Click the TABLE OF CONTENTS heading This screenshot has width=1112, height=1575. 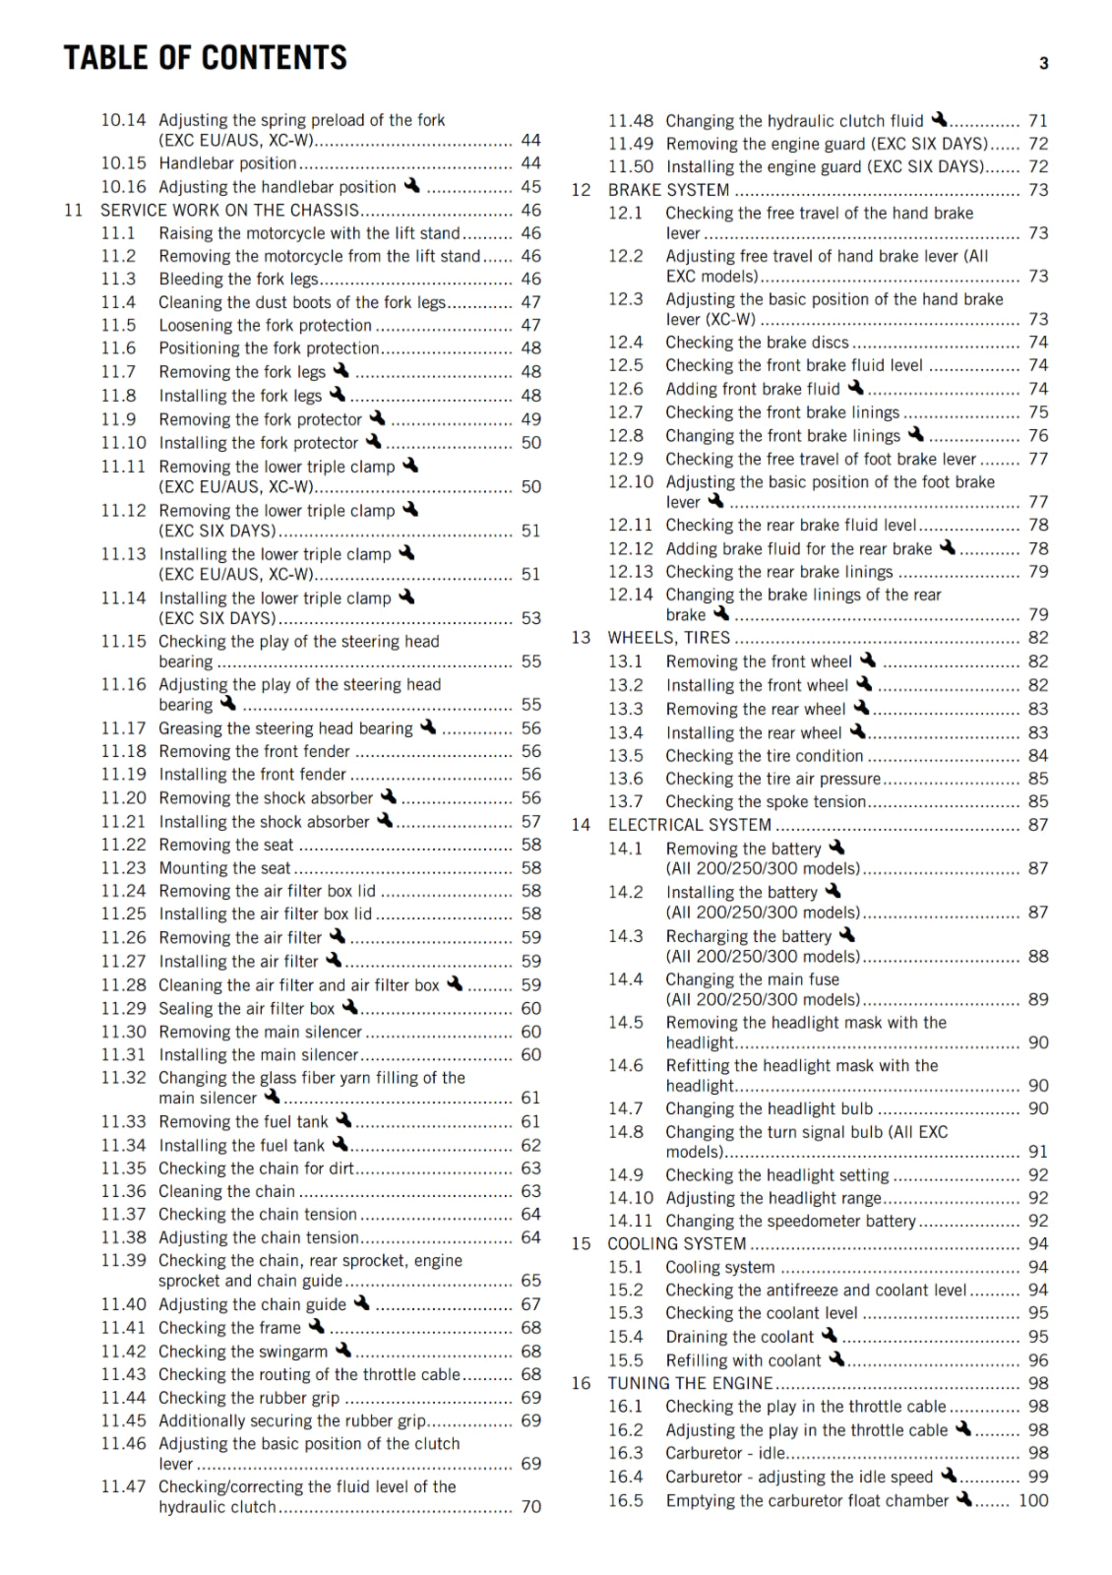coord(205,58)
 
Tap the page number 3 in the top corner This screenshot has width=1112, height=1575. coord(1044,64)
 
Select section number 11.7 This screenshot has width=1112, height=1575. coord(118,372)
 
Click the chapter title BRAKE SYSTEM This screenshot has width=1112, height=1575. coord(668,190)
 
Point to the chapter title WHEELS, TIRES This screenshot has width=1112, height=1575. coord(668,638)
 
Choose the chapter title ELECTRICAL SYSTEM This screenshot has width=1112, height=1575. coord(689,825)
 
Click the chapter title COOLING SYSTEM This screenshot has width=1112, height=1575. coord(676,1244)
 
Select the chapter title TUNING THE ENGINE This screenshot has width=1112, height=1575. coord(689,1383)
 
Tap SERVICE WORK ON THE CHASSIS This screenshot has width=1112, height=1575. coord(229,211)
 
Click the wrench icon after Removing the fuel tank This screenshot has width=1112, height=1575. coord(343,1120)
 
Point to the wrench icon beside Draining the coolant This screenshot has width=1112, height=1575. coord(830,1335)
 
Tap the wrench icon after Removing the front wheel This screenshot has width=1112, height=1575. coord(868,660)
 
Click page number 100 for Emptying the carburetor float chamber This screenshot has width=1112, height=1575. coord(1033,1501)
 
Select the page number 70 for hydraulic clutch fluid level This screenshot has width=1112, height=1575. coord(531,1507)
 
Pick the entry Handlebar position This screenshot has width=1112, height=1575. coord(227,163)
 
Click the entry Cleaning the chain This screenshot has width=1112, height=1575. coord(226,1192)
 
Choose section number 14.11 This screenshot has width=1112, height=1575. coord(630,1222)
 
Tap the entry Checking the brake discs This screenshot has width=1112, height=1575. coord(757,343)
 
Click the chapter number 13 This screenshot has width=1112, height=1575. coord(581,638)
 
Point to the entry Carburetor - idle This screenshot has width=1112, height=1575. coord(725,1454)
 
